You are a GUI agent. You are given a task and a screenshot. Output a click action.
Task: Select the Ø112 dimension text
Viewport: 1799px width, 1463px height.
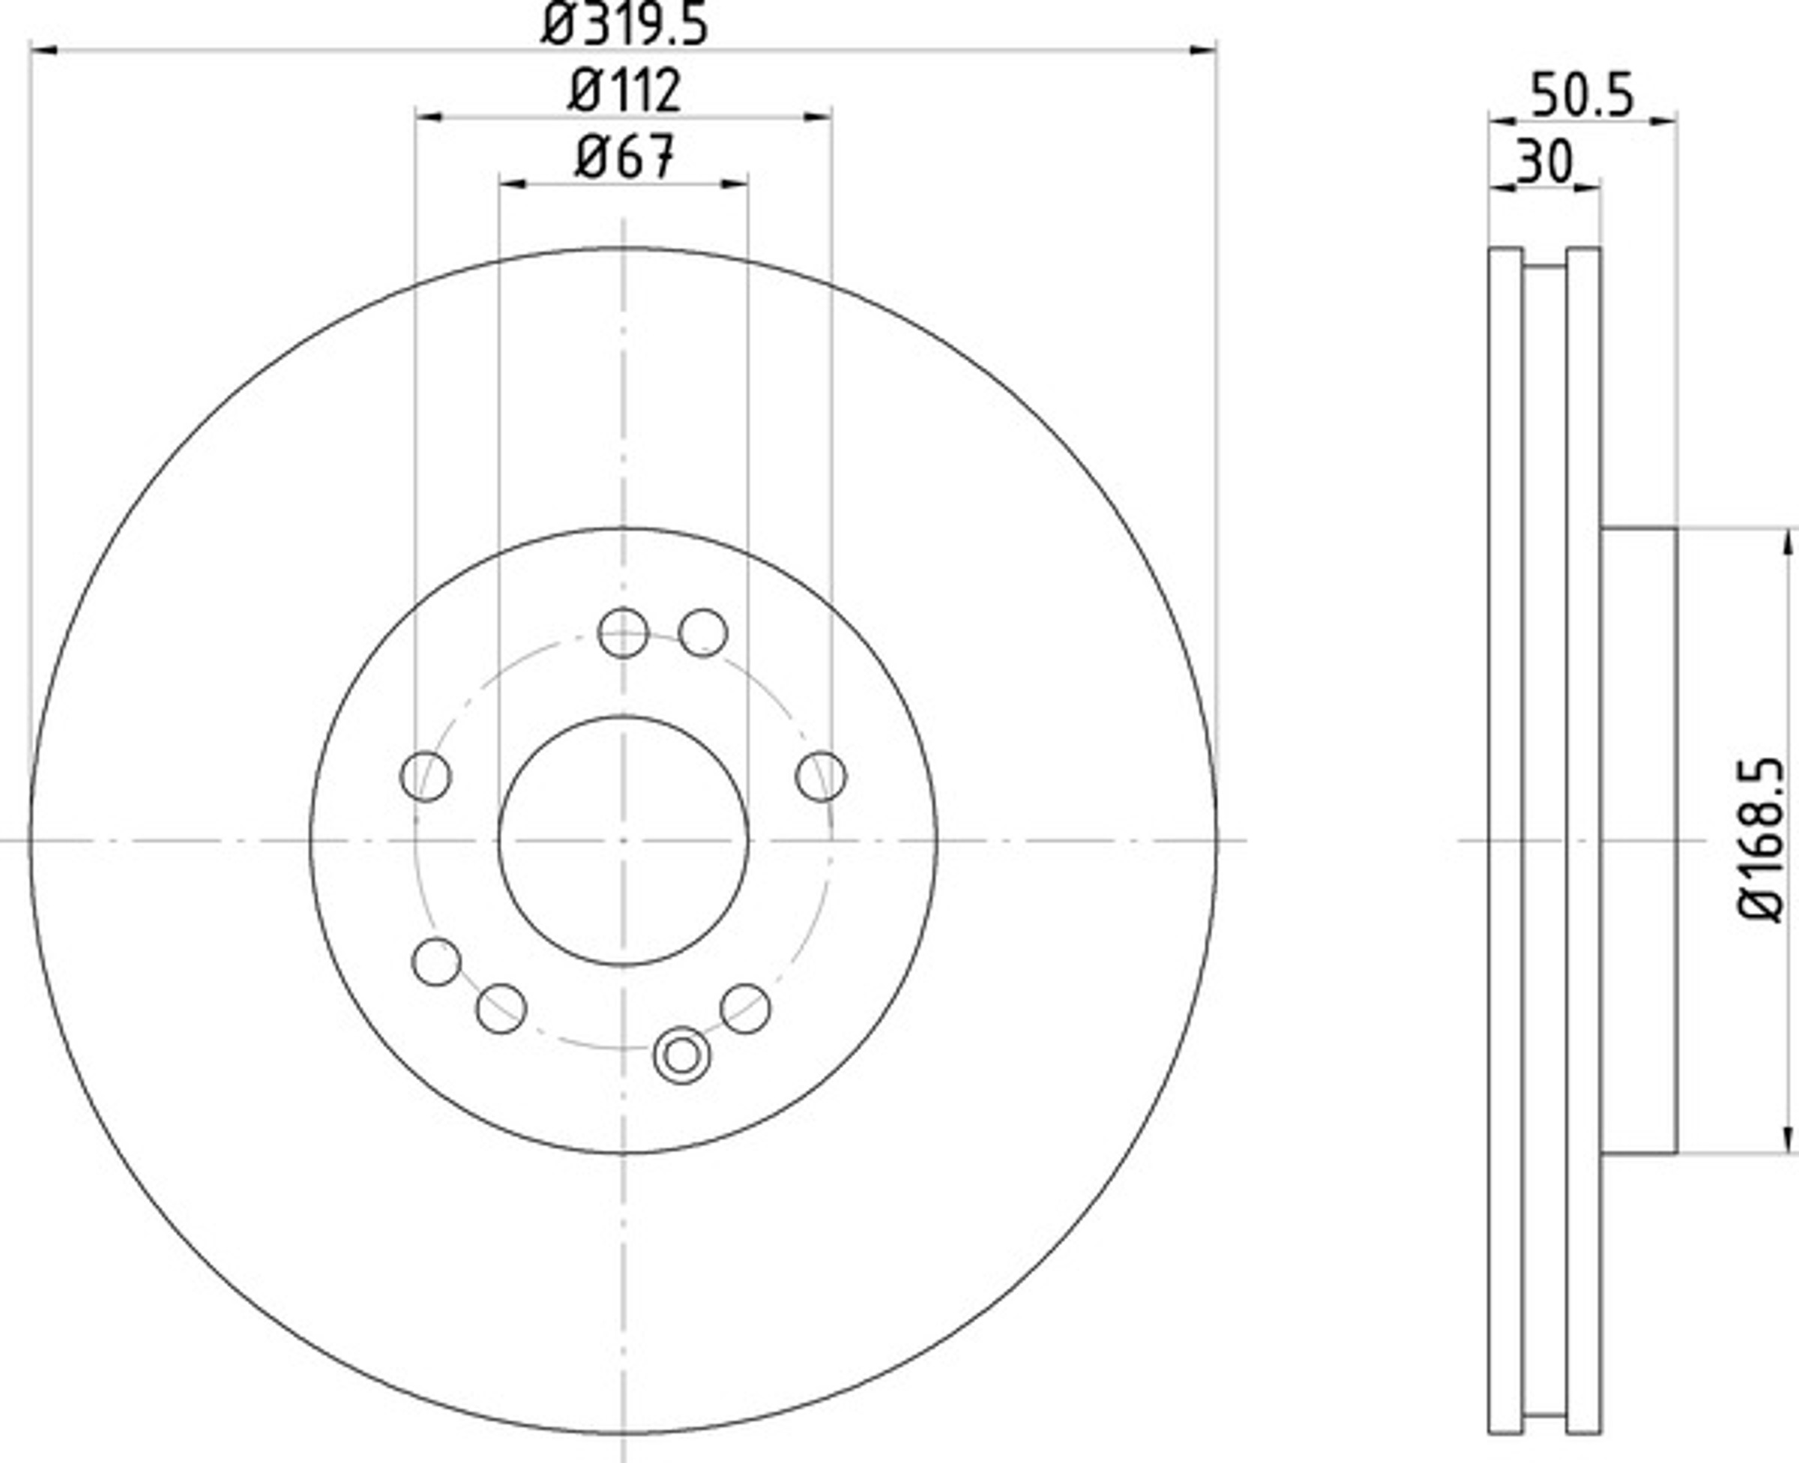tap(624, 90)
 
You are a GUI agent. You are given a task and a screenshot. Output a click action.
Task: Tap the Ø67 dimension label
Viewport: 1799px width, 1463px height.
tap(625, 157)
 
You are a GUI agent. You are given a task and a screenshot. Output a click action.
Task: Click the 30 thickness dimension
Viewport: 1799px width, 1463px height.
tap(1545, 162)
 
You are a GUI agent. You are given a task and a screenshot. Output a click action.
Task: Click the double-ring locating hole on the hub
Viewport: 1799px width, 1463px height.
tap(681, 1055)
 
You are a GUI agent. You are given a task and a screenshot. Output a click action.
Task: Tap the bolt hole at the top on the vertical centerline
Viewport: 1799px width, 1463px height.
tap(623, 633)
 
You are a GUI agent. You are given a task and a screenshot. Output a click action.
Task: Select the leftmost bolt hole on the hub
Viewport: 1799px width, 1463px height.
tap(426, 776)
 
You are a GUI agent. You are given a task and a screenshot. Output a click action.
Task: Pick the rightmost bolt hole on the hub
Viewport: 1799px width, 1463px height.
tap(822, 776)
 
